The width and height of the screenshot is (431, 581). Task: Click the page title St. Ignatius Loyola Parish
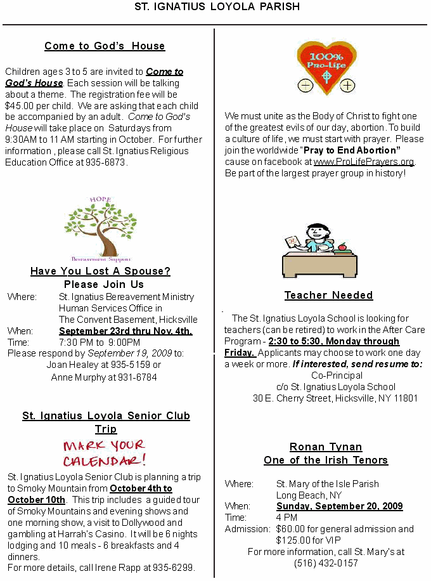tap(217, 7)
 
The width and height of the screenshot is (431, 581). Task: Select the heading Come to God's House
tap(105, 46)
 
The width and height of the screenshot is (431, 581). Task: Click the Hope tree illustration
tap(92, 228)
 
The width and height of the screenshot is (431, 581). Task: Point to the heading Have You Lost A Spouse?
tap(100, 271)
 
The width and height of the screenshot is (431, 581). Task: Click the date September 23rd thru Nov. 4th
tap(125, 331)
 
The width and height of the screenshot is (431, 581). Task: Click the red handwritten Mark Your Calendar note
tap(104, 453)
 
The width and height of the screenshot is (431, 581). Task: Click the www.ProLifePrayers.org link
tap(364, 162)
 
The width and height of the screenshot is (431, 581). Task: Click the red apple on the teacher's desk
tap(342, 247)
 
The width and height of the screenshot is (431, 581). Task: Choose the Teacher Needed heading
tap(328, 296)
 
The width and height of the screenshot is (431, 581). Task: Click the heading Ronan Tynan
tap(326, 447)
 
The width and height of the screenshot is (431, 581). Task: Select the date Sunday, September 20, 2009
tap(339, 506)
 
